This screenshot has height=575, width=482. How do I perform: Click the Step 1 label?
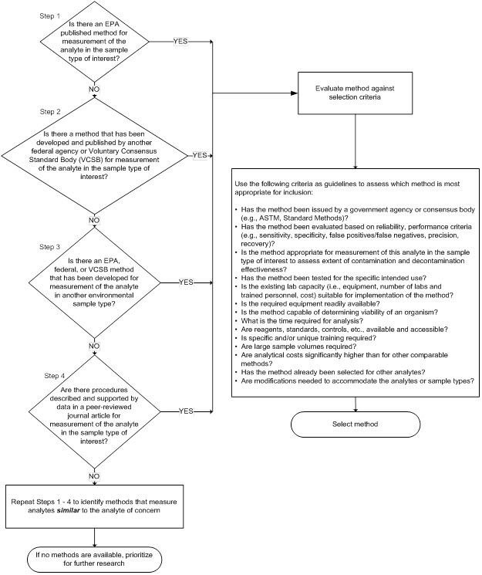[x=29, y=14]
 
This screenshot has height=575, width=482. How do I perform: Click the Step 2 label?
[x=29, y=110]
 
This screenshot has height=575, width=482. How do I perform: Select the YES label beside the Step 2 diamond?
[x=200, y=155]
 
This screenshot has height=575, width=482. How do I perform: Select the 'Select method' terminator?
[x=356, y=424]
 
